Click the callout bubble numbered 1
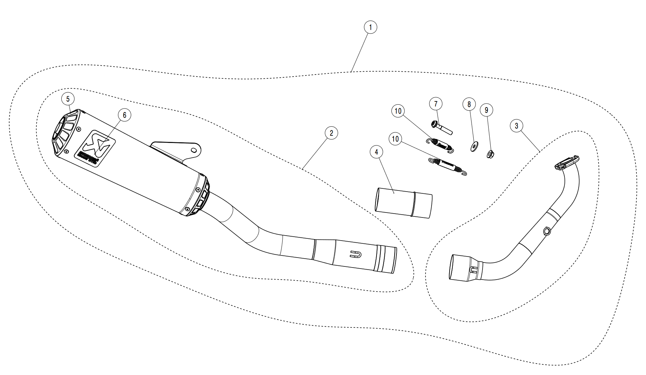tap(370, 27)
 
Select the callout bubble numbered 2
tap(331, 133)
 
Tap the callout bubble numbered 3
tap(516, 126)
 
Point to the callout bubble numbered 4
tap(376, 152)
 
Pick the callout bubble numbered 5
tap(68, 99)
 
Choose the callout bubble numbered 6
tap(124, 115)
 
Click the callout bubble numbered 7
tap(436, 104)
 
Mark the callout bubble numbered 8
tap(469, 104)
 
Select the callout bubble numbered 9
tap(486, 110)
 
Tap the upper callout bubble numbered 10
tap(398, 111)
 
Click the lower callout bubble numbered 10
tap(395, 139)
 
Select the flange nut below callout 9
tap(491, 154)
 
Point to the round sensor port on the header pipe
tap(547, 231)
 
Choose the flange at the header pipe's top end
tap(567, 162)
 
